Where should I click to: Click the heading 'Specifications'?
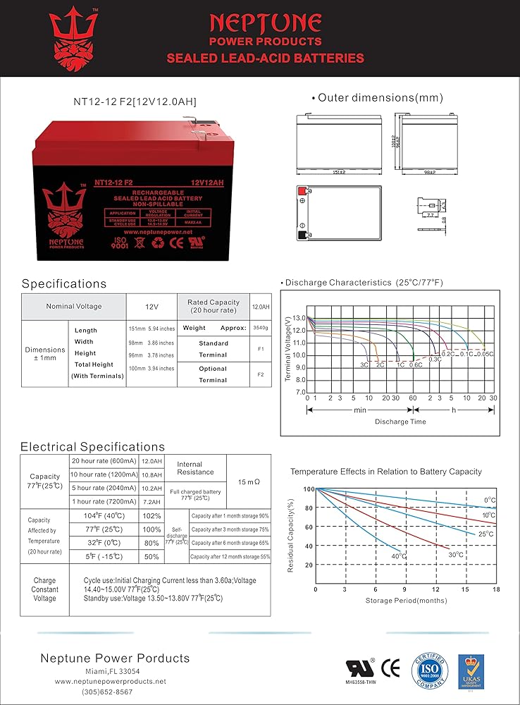point(64,283)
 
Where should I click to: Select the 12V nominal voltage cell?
point(151,307)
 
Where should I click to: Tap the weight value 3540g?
point(261,328)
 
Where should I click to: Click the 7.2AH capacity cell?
point(151,502)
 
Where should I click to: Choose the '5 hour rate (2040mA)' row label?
point(105,488)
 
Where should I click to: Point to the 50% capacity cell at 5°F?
point(151,557)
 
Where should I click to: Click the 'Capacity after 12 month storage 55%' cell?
point(230,557)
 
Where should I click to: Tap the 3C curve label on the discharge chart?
point(364,365)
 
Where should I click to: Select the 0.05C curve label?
point(485,354)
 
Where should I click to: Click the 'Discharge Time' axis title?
point(400,422)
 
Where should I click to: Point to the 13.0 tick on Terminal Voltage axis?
point(299,319)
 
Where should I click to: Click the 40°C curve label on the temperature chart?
point(398,556)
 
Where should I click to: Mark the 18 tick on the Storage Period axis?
point(496,589)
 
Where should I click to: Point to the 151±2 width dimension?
point(339,171)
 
